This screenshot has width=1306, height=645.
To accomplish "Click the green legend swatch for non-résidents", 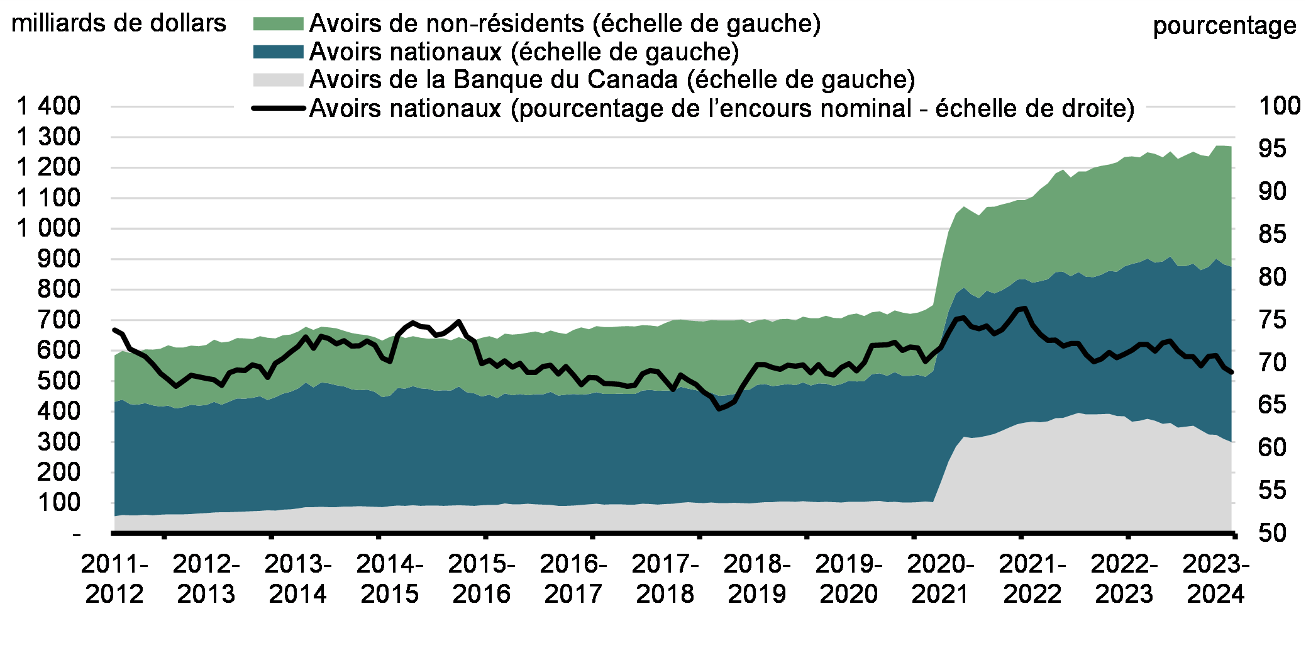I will click(x=278, y=24).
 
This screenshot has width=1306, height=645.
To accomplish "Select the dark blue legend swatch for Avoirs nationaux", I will click(x=278, y=52).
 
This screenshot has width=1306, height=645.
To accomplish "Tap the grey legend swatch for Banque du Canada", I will click(x=278, y=80).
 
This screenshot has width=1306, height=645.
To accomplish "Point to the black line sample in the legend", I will click(x=278, y=108).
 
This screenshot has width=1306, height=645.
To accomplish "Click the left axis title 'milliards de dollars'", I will click(x=118, y=23).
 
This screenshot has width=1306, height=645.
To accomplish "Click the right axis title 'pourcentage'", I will click(x=1224, y=26).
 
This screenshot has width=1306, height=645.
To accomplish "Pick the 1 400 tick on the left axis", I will click(x=49, y=106).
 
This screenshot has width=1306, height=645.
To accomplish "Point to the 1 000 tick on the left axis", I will click(x=49, y=228).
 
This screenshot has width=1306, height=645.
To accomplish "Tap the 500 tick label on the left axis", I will click(x=58, y=381).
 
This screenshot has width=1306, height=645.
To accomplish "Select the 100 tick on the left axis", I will click(x=58, y=503).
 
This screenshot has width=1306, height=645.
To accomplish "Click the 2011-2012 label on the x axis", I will click(x=114, y=579).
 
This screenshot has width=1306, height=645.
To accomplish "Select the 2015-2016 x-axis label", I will click(x=481, y=579).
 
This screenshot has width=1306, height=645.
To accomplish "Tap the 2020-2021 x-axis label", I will click(x=940, y=579).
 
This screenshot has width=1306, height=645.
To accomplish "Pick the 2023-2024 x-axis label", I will click(x=1215, y=579).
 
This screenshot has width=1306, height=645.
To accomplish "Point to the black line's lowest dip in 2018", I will click(x=719, y=408).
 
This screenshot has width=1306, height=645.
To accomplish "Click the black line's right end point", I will click(x=1231, y=373).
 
